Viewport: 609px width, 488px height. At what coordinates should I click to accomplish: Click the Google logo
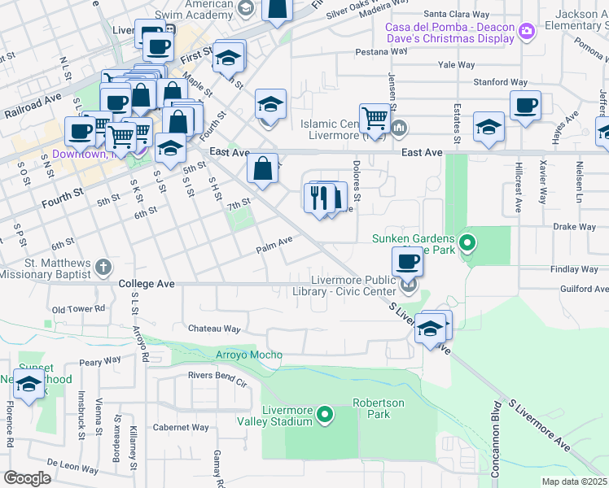[26, 478]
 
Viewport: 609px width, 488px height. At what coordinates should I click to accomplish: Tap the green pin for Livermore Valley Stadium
[326, 416]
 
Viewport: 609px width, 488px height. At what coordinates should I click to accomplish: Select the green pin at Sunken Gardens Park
[467, 242]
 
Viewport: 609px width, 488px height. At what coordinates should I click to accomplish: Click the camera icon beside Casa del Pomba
[527, 32]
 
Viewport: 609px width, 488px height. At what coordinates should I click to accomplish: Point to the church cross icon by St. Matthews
[103, 266]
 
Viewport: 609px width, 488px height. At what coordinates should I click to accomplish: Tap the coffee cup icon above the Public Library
[407, 261]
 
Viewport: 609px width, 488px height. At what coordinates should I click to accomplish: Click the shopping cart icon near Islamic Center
[375, 117]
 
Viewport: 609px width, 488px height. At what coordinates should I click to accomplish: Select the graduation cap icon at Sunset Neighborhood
[29, 384]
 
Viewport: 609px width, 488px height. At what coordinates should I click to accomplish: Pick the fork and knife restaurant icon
[319, 196]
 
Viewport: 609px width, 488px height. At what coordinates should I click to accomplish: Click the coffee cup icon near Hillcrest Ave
[525, 105]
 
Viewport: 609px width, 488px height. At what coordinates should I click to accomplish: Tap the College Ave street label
[147, 284]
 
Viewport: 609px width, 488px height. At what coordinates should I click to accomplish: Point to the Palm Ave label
[274, 242]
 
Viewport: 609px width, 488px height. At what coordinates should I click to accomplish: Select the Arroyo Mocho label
[248, 355]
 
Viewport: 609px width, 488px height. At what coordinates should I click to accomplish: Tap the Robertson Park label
[378, 408]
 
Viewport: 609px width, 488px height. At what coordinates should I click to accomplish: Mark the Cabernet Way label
[181, 427]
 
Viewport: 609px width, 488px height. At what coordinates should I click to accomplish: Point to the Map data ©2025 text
[575, 481]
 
